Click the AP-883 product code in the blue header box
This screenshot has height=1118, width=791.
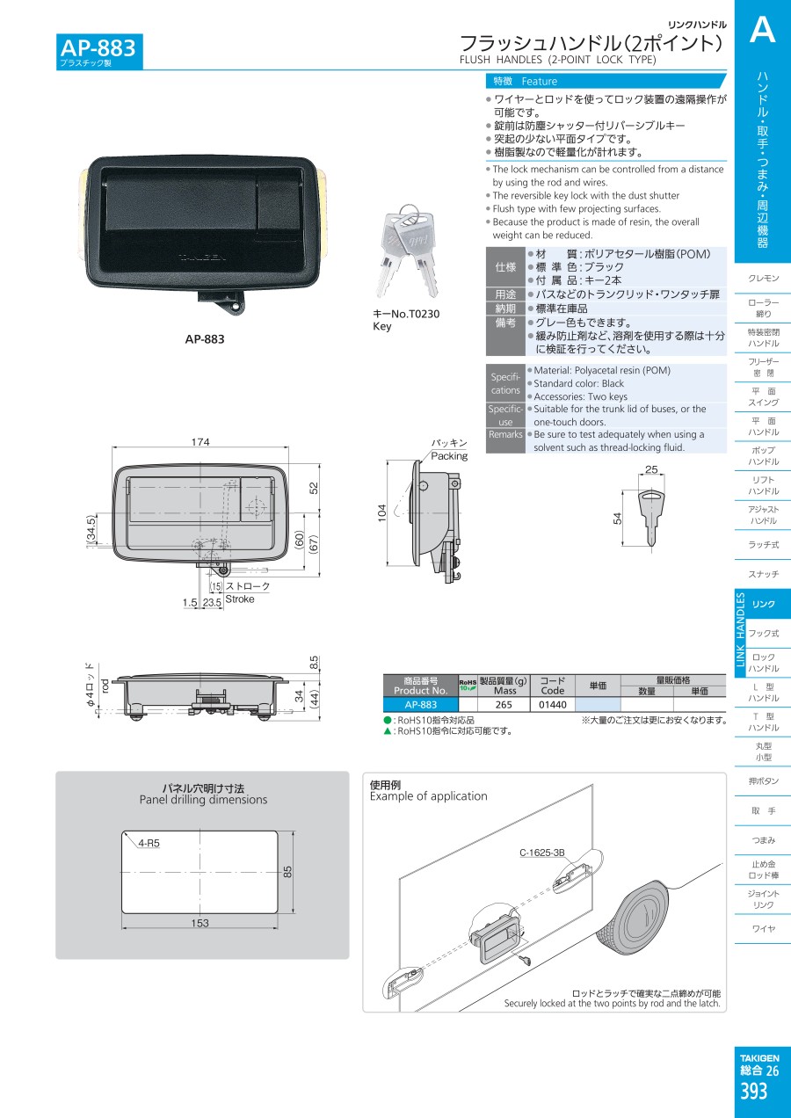tap(98, 48)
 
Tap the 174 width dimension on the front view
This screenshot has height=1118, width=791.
tap(200, 442)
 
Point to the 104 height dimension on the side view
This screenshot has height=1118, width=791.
tap(381, 513)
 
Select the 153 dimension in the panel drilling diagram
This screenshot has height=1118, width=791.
tap(200, 924)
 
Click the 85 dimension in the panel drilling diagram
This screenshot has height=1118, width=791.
tap(287, 872)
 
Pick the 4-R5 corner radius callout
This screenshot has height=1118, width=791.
tap(149, 843)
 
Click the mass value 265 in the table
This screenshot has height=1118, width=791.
tap(504, 704)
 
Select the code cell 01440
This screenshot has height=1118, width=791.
tap(553, 704)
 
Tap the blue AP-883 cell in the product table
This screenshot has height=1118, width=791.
tap(421, 704)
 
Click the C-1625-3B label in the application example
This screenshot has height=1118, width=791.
tap(542, 853)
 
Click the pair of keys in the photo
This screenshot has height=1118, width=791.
tap(407, 250)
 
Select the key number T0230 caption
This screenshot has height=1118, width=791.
tap(406, 314)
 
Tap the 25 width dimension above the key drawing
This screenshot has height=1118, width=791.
tap(651, 469)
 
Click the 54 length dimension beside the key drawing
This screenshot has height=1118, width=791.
tap(617, 519)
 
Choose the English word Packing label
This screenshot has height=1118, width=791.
tap(449, 455)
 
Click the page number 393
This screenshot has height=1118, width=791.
tap(753, 1092)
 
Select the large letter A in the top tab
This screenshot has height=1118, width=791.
tap(762, 30)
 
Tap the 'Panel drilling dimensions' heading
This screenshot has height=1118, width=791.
tap(203, 800)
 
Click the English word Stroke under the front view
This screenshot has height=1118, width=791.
tap(240, 599)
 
